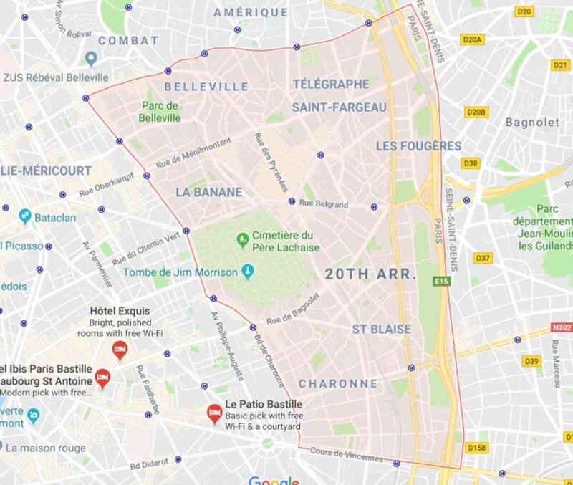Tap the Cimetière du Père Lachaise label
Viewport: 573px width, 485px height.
[x=286, y=241]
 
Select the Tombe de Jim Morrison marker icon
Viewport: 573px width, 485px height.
[x=248, y=272]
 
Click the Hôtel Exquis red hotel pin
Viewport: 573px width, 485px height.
[x=120, y=349]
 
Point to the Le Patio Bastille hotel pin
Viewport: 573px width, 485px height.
[x=213, y=412]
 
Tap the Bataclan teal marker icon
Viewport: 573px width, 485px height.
[x=25, y=216]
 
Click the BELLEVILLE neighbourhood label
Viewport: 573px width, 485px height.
[x=206, y=87]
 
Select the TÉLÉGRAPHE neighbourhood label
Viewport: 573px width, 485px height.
[x=330, y=84]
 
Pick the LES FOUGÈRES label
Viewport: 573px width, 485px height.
[x=419, y=146]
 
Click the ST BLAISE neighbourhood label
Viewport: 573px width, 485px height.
[x=381, y=330]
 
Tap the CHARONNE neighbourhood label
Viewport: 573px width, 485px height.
[x=338, y=384]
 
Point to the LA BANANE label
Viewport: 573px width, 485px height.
[x=208, y=192]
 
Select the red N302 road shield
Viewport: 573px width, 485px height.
[x=561, y=327]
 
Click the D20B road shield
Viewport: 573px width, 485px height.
[x=476, y=112]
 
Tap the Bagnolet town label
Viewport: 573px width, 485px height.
[x=532, y=123]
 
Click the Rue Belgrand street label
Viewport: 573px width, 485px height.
[x=323, y=204]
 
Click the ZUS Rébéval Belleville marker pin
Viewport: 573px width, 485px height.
[x=91, y=58]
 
